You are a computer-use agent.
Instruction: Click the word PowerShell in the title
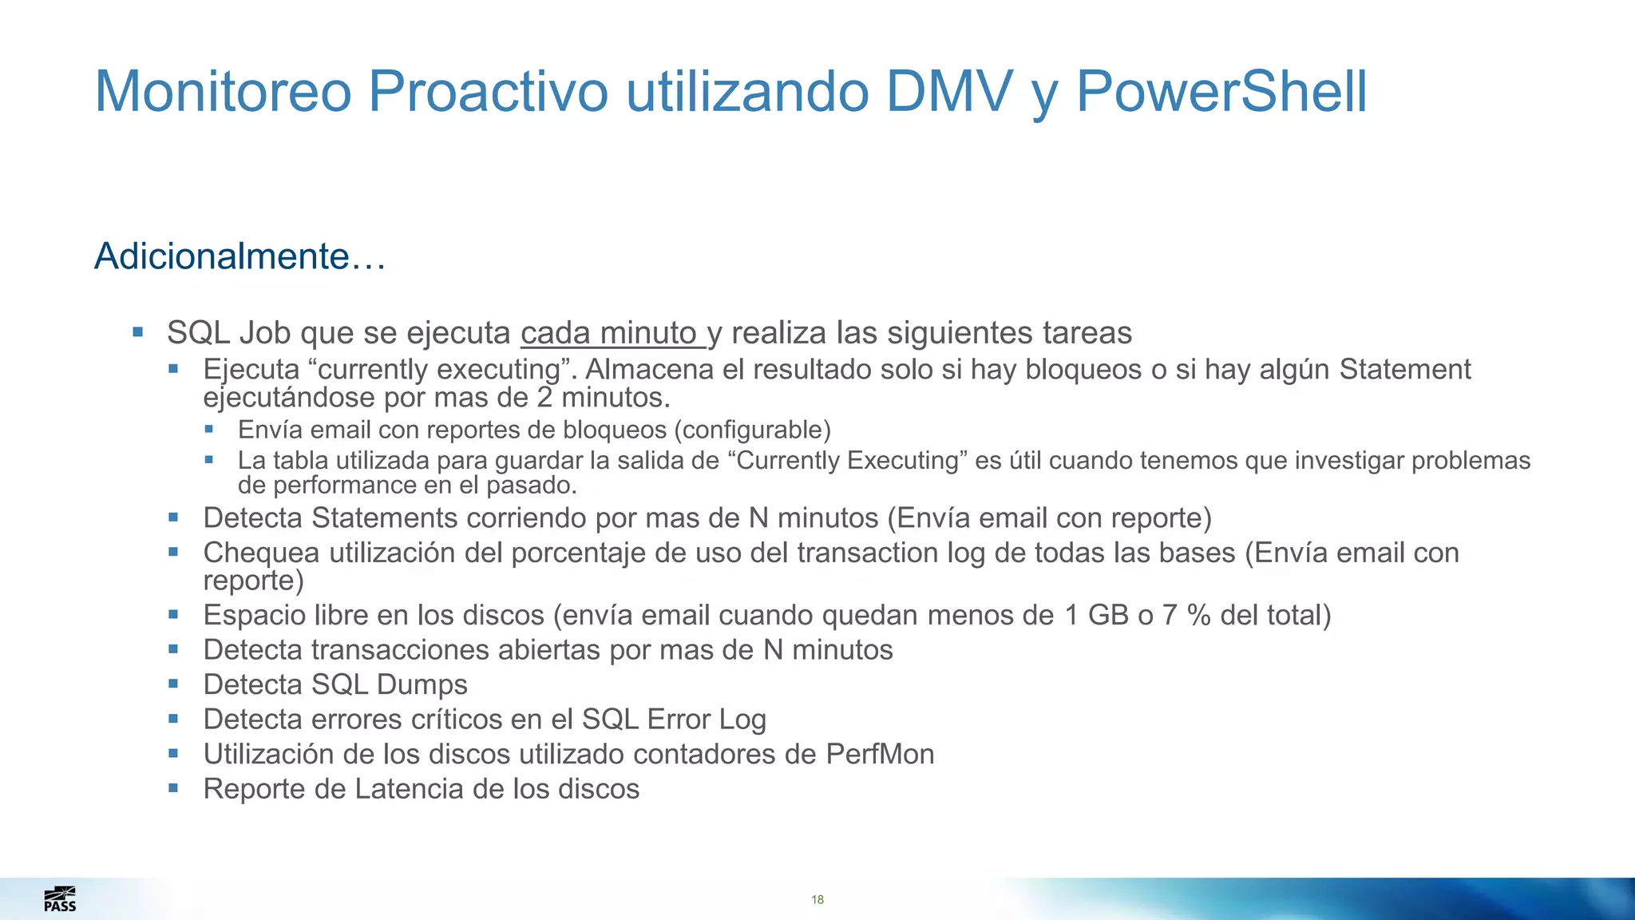point(1221,92)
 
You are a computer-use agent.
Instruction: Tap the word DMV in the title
point(949,92)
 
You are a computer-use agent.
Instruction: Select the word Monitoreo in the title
point(223,92)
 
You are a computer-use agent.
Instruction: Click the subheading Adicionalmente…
point(240,256)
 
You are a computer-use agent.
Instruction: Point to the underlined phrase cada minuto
point(610,333)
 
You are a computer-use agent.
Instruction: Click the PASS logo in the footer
point(60,898)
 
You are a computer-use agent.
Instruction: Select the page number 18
point(817,900)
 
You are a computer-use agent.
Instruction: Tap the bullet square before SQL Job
point(138,331)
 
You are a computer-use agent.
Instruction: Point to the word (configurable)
point(752,430)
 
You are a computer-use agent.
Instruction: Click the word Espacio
point(254,616)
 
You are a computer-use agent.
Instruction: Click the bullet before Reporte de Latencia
point(173,788)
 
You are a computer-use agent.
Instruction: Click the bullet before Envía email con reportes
point(209,430)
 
